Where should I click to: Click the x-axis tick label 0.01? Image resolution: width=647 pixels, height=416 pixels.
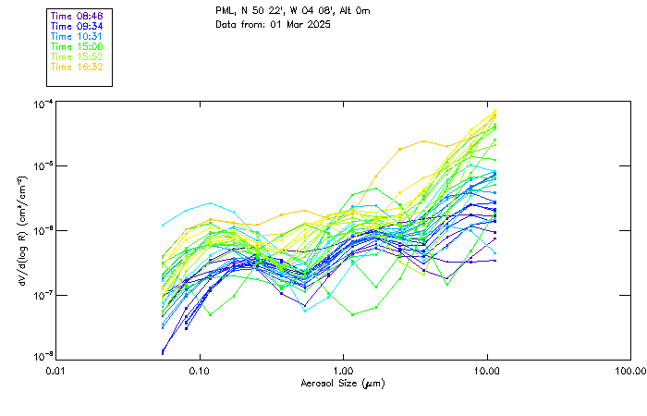(x=55, y=371)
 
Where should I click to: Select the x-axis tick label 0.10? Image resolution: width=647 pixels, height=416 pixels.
(x=199, y=371)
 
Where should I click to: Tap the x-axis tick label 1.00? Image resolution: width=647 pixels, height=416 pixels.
(x=343, y=371)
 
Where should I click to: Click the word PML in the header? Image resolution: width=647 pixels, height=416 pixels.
(x=226, y=10)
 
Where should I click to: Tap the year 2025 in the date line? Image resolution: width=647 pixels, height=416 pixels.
(x=317, y=24)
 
